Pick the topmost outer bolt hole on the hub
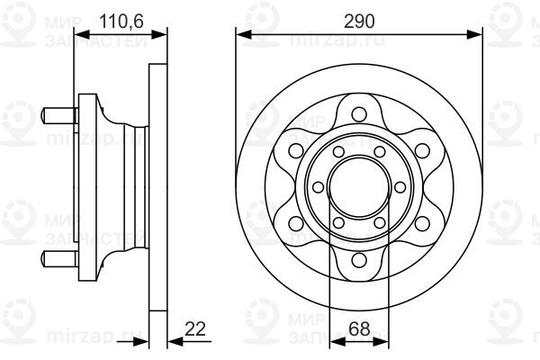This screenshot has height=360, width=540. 357,113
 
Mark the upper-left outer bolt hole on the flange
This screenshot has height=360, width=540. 293,150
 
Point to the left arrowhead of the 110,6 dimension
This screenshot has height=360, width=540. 81,34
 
